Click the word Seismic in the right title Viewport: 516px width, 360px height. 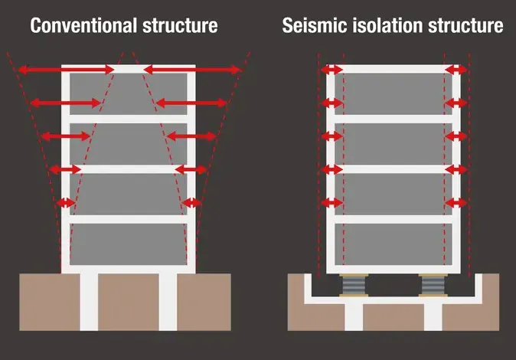point(312,25)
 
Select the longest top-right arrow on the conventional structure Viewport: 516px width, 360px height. point(192,70)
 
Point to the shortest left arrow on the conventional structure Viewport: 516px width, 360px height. point(67,203)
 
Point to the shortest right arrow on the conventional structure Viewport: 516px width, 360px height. point(191,203)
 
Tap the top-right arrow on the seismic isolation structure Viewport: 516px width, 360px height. point(456,70)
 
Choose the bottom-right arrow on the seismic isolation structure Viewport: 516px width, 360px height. point(456,203)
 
